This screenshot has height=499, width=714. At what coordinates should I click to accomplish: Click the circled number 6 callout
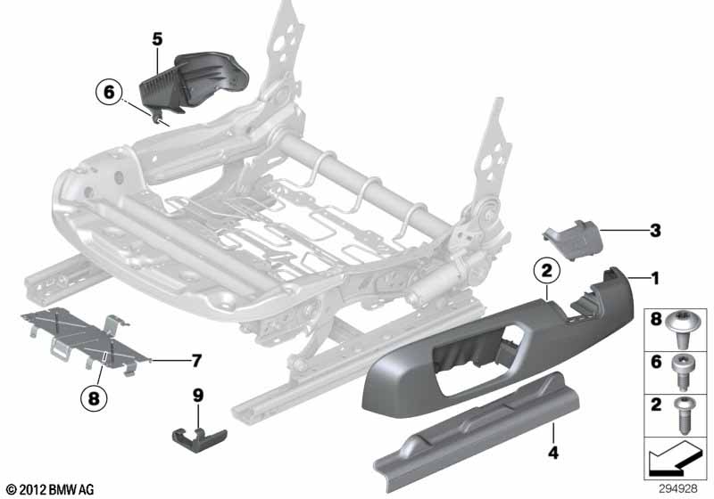coord(108,91)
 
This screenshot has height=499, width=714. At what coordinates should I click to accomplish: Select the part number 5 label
coord(157,38)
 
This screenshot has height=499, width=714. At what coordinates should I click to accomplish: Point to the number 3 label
coord(655,231)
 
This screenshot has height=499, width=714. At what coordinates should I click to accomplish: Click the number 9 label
coord(198,393)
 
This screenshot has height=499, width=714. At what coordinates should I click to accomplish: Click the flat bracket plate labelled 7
coord(80,339)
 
